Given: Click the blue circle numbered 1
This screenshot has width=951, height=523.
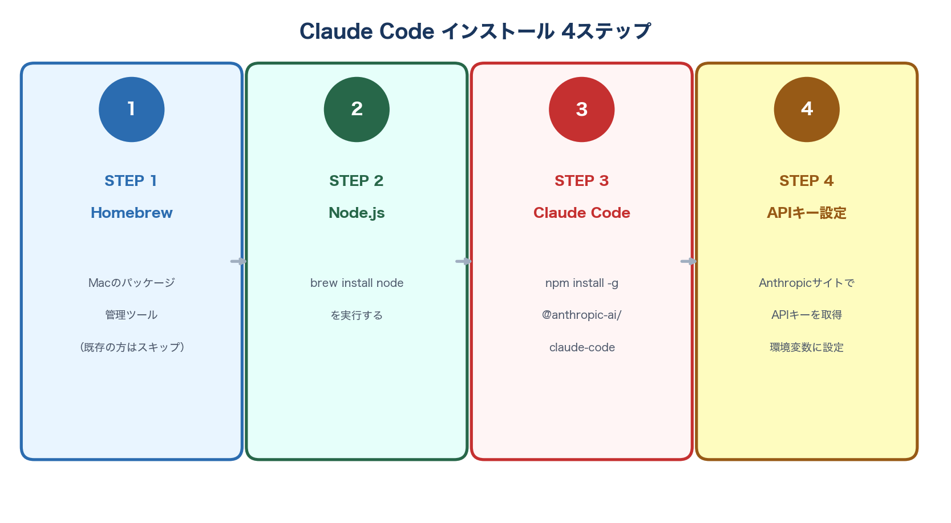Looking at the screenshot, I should (x=132, y=110).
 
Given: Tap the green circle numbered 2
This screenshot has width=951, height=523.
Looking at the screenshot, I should (x=357, y=110).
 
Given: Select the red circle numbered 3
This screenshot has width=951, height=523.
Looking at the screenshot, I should (x=581, y=110).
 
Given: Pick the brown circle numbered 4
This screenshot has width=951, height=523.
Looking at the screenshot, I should (x=806, y=110).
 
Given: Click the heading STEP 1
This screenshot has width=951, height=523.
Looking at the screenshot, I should (x=131, y=181).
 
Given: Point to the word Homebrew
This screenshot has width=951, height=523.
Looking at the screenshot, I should (x=132, y=213).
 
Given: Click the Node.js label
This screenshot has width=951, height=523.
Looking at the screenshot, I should (x=357, y=213).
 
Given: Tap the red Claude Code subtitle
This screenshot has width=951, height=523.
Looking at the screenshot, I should (x=581, y=213).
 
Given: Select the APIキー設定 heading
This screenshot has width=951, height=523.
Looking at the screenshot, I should (x=806, y=213).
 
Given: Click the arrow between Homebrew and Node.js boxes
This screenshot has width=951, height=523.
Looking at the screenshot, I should (x=238, y=261).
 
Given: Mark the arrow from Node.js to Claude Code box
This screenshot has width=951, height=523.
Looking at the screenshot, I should (x=463, y=261).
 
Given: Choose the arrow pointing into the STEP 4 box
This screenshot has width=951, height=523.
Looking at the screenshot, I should (x=689, y=261).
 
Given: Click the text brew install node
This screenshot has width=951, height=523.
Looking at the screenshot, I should (x=357, y=283).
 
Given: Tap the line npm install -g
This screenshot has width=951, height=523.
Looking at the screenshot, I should (x=581, y=283).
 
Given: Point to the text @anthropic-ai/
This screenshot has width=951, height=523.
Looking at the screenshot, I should (x=581, y=315).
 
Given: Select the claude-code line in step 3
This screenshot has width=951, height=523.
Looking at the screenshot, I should (x=582, y=347).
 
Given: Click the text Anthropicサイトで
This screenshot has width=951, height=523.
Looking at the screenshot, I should (x=806, y=283).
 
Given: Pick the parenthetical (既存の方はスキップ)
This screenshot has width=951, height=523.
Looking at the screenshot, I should (x=132, y=347).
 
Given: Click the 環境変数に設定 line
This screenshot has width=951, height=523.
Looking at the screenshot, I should (x=806, y=347).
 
